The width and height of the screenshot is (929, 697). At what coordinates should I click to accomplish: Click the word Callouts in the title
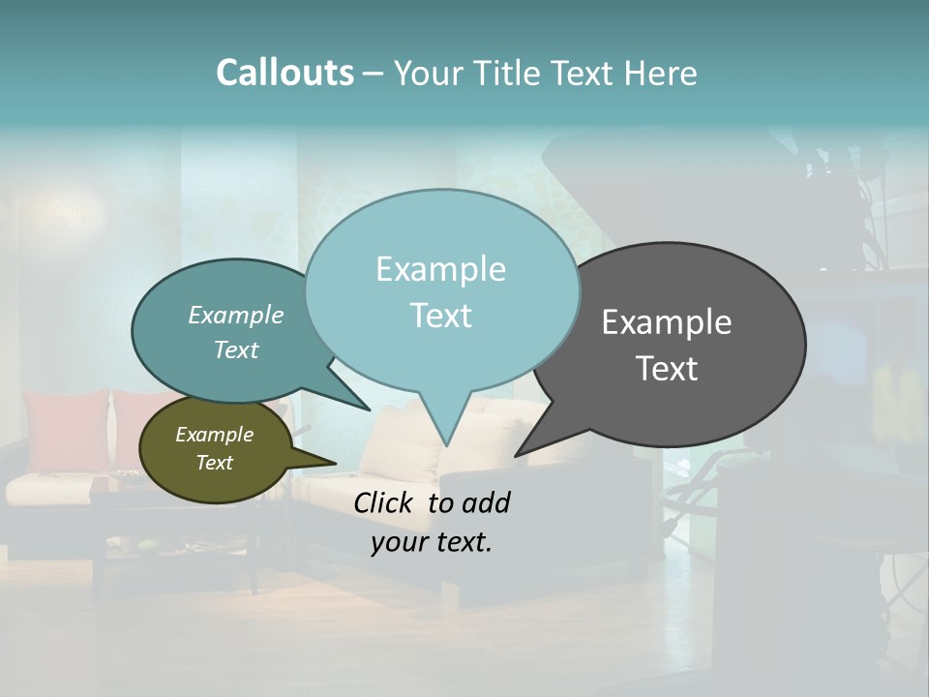tap(285, 73)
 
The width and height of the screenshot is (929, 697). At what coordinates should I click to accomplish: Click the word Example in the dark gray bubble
tap(667, 322)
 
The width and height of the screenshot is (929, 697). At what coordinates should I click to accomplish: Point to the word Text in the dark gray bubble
tap(667, 369)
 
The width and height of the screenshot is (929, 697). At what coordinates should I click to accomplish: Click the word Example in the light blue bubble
tap(440, 269)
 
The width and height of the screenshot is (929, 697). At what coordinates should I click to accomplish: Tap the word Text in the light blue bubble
tap(440, 316)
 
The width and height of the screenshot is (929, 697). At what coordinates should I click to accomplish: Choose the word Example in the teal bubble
tap(236, 316)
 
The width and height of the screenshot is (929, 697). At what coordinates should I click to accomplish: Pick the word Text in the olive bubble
tap(215, 463)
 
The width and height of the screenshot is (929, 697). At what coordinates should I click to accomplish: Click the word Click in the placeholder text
tap(385, 502)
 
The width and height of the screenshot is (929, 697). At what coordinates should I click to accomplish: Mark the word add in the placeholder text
tap(486, 502)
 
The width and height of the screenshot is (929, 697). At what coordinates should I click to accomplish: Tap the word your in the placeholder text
tap(399, 541)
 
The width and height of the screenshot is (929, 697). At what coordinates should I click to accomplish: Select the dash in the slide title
tap(374, 73)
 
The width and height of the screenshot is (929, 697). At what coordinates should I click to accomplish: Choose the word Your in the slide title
tap(426, 73)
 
